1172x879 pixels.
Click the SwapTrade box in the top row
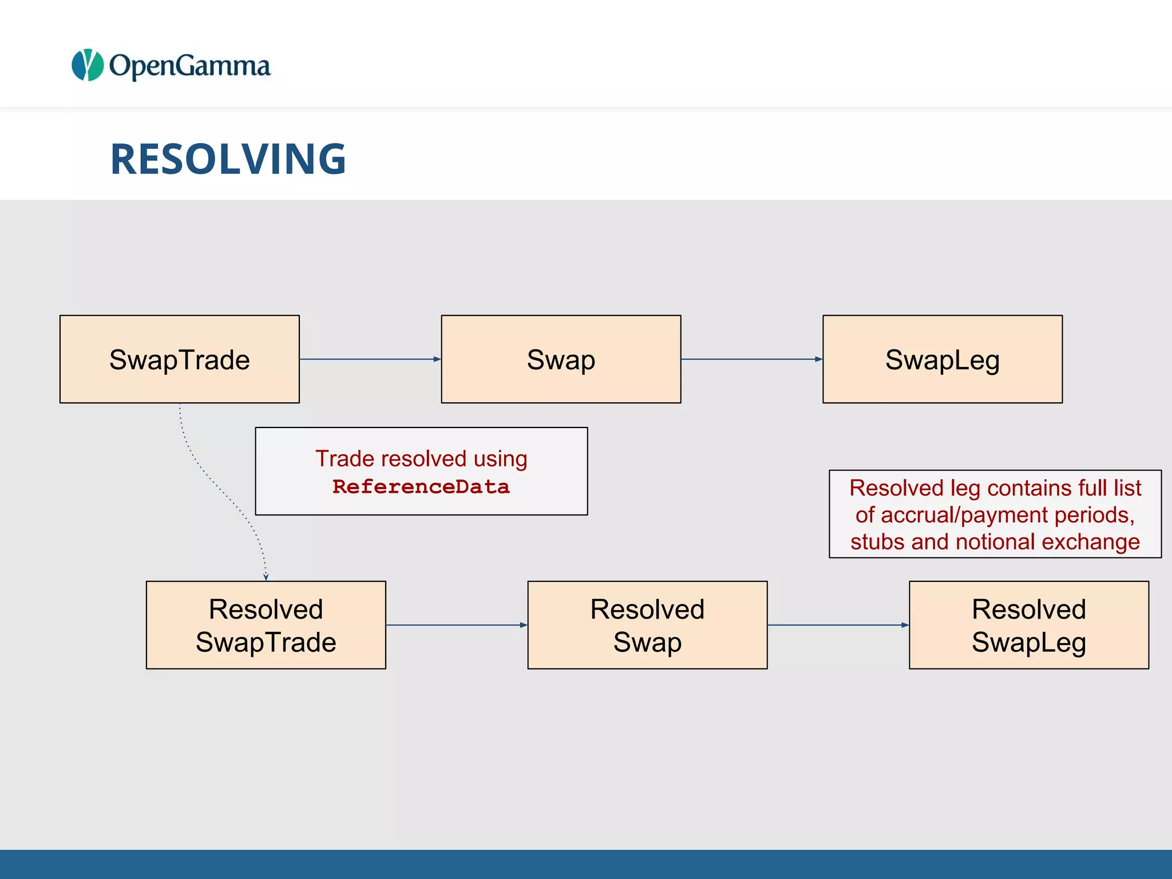coord(179,359)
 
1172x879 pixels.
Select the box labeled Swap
coord(561,359)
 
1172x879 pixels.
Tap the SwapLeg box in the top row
coord(943,359)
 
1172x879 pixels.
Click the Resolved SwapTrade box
coord(266,625)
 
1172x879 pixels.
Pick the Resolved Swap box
coord(647,625)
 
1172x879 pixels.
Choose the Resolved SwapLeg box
coord(1029,625)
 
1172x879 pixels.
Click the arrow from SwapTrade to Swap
coord(370,359)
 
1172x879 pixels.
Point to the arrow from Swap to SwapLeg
coord(751,359)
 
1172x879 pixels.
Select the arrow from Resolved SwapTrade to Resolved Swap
coord(456,625)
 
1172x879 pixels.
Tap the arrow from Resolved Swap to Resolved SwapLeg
coord(838,625)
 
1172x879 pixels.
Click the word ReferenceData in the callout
coord(421,487)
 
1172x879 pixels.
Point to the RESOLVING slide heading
coord(228,159)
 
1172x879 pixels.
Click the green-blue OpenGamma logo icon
coord(88,65)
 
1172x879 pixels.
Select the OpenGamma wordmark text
coord(189,66)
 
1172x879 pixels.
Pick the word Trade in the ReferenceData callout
coord(344,458)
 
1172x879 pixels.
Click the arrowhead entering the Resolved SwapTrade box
coord(266,577)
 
